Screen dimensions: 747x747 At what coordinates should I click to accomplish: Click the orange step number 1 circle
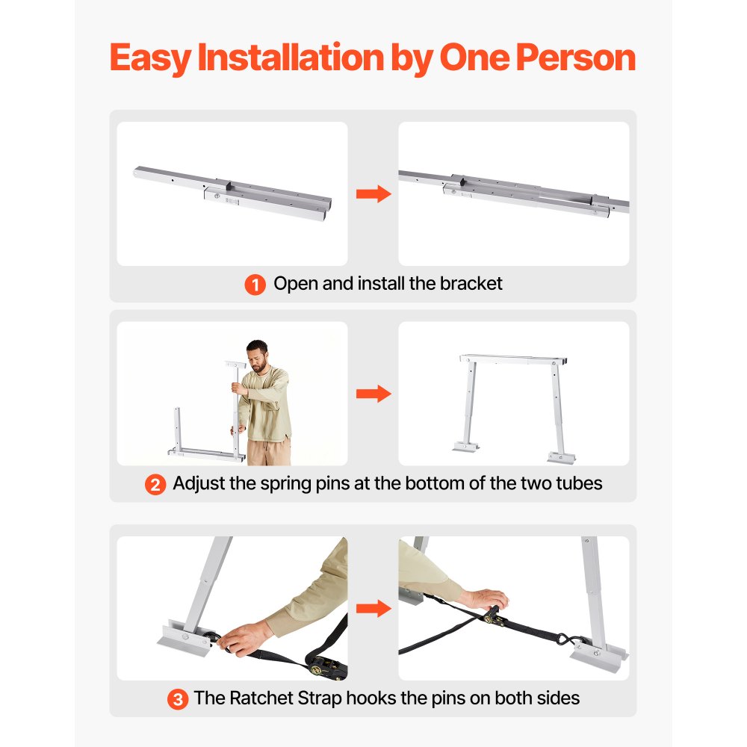(x=255, y=285)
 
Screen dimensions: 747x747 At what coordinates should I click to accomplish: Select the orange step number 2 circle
(x=155, y=484)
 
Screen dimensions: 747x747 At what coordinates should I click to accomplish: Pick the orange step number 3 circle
(x=177, y=699)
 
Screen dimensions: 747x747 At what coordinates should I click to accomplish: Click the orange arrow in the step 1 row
(x=373, y=194)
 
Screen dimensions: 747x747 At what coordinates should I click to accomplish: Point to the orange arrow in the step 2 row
(x=373, y=394)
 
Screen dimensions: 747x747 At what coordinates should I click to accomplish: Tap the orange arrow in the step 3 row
(x=373, y=608)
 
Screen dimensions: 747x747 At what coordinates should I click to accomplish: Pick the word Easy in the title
(x=149, y=58)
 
